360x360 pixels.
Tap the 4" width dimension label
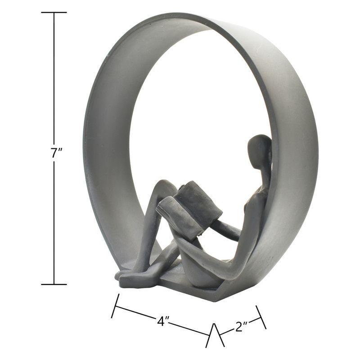(x=163, y=321)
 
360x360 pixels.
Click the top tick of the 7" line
(x=54, y=13)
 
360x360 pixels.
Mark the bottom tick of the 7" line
(x=54, y=284)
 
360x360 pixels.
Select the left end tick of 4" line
(x=115, y=306)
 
